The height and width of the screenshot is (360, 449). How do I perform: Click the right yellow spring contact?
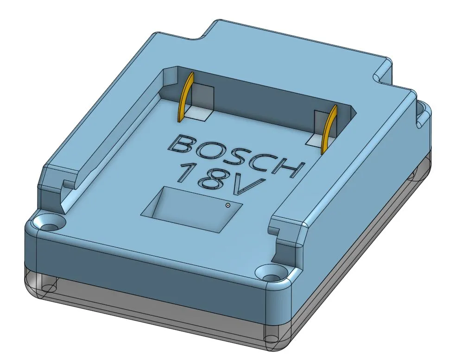[330, 130]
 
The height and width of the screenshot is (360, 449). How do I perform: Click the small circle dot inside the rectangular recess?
[228, 205]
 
